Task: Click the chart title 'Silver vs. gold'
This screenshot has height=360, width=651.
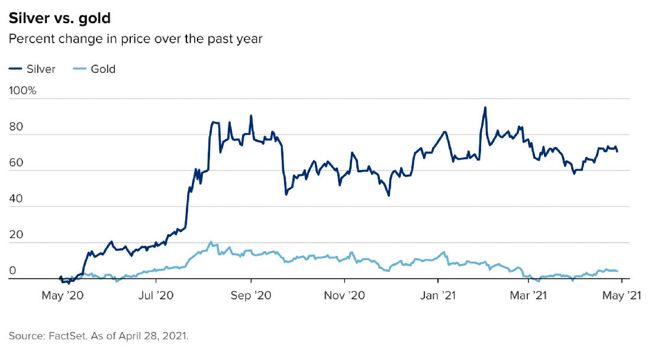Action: point(60,18)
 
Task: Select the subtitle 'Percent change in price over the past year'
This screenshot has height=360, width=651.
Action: point(136,39)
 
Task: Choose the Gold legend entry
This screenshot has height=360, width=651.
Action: point(95,69)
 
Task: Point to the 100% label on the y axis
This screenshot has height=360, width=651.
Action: point(22,91)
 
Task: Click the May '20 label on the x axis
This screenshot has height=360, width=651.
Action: point(62,294)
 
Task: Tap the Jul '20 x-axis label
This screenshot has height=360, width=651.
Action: point(156,294)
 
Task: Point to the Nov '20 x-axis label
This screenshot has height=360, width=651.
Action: point(344,294)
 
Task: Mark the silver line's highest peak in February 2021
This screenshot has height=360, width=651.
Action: point(485,108)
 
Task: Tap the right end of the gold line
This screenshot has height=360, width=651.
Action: point(618,271)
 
